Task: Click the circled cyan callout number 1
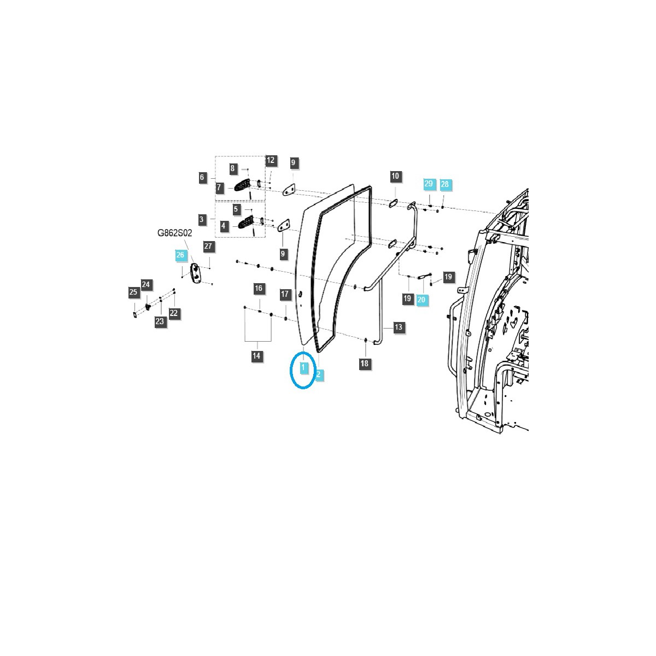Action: click(303, 368)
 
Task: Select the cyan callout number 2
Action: click(318, 374)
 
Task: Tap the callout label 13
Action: click(398, 327)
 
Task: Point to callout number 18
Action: click(365, 363)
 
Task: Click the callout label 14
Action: click(256, 356)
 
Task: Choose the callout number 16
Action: click(259, 288)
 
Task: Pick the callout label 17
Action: click(285, 294)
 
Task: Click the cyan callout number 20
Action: click(421, 300)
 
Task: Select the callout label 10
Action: click(395, 176)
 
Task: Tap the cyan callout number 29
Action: click(429, 184)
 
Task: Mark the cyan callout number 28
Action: click(444, 184)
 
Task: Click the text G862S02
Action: click(175, 233)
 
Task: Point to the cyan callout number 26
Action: click(180, 255)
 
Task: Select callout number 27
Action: click(208, 246)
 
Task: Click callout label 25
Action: click(133, 292)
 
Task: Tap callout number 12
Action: click(271, 160)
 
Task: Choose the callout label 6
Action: click(202, 177)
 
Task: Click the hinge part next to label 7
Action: click(242, 186)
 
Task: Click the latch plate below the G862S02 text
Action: click(194, 272)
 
